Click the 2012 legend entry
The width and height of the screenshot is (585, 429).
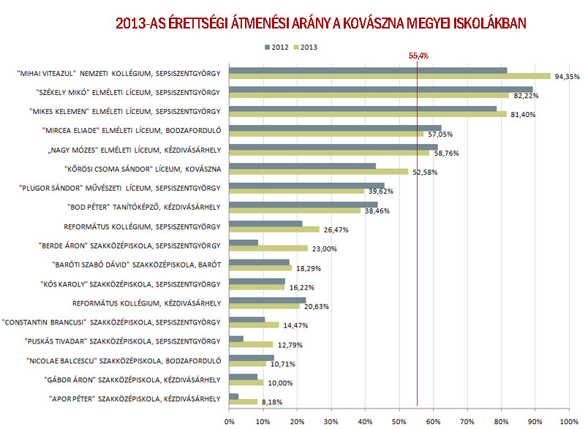coord(277,47)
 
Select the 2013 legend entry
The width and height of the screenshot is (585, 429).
coord(306,47)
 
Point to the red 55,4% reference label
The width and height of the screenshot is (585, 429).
coord(418,56)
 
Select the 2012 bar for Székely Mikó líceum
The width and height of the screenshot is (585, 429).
coord(381,89)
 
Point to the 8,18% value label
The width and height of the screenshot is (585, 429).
coord(272,402)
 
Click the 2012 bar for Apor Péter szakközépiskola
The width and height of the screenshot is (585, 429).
coord(234,395)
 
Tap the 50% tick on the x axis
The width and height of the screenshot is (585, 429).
coord(399,422)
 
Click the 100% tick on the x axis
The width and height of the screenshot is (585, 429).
coord(567,422)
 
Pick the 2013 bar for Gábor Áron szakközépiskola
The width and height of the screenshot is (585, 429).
coord(246,382)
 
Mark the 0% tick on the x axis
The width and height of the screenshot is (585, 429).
coord(230,422)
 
